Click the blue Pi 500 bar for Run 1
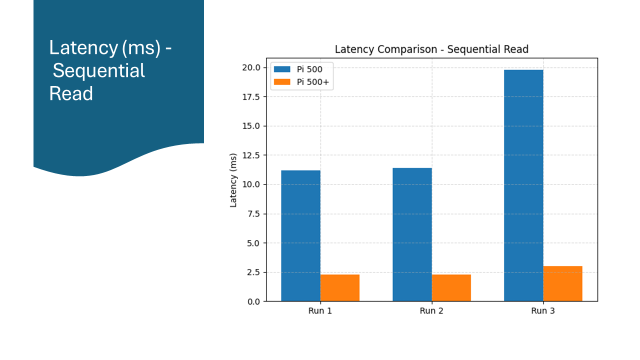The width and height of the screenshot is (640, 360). pyautogui.click(x=300, y=235)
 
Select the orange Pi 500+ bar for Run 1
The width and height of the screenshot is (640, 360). pyautogui.click(x=340, y=287)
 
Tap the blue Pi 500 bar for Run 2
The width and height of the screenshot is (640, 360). pyautogui.click(x=412, y=234)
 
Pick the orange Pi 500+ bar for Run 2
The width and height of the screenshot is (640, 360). pyautogui.click(x=451, y=287)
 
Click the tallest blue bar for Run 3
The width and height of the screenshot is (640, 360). pyautogui.click(x=523, y=185)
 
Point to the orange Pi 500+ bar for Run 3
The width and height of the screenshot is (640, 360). pyautogui.click(x=563, y=283)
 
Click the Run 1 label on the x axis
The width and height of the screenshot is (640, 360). pyautogui.click(x=320, y=311)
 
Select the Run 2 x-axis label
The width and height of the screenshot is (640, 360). pyautogui.click(x=431, y=311)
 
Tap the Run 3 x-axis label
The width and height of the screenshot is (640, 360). pyautogui.click(x=543, y=311)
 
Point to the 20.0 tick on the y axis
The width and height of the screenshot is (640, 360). pyautogui.click(x=250, y=67)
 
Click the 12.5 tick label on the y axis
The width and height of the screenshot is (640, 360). pyautogui.click(x=250, y=155)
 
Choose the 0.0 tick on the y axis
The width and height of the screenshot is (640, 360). pyautogui.click(x=252, y=301)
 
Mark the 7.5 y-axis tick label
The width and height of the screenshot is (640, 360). pyautogui.click(x=252, y=214)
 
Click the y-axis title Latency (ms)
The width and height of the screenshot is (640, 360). pyautogui.click(x=233, y=184)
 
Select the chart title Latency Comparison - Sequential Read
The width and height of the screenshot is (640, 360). pyautogui.click(x=431, y=49)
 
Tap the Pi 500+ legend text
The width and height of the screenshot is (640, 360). pyautogui.click(x=313, y=82)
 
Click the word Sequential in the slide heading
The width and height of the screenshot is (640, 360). pyautogui.click(x=99, y=70)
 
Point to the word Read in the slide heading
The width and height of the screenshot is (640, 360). pyautogui.click(x=71, y=93)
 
